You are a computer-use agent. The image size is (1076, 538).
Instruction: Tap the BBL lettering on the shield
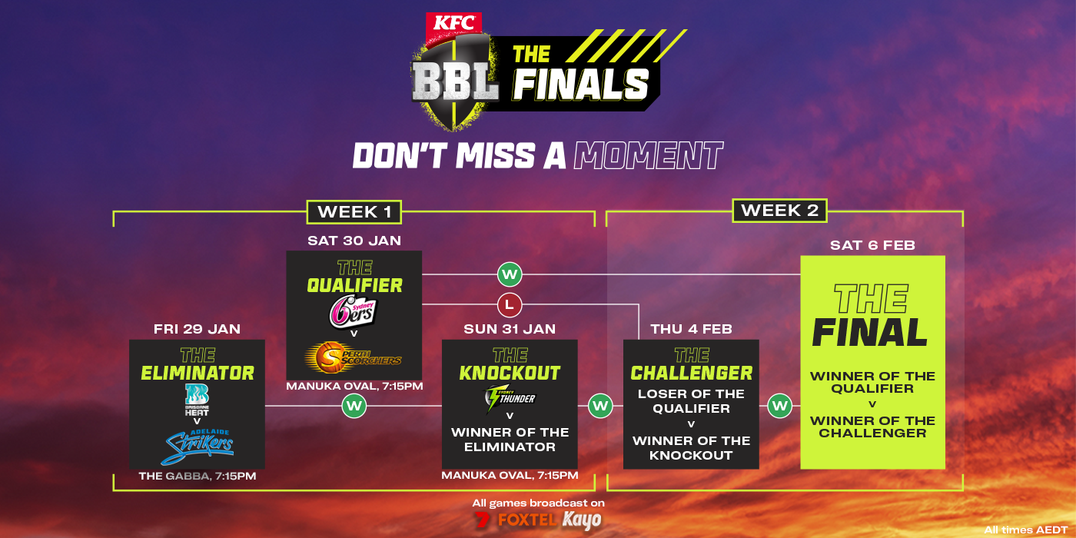(x=456, y=81)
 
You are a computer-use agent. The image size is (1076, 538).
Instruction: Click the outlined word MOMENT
(x=647, y=156)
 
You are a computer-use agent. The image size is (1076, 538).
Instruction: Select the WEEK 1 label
(x=354, y=211)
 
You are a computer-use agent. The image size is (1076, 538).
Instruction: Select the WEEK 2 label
(x=779, y=211)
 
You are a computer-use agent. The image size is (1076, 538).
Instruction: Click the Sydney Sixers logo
(x=354, y=311)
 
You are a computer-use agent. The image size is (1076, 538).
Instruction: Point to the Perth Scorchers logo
(x=354, y=356)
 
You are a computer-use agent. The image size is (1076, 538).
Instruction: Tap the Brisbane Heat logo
(x=197, y=399)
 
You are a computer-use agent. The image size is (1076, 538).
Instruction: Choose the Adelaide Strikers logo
(x=198, y=443)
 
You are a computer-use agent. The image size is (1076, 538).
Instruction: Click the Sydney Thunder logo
(x=509, y=398)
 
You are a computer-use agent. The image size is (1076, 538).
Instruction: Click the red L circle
(x=509, y=305)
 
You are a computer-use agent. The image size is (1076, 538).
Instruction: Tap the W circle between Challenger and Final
(x=779, y=405)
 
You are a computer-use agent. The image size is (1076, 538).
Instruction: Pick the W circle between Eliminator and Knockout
(x=354, y=405)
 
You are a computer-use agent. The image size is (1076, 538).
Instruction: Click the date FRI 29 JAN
(x=197, y=329)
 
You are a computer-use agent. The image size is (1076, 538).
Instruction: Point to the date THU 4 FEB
(x=691, y=329)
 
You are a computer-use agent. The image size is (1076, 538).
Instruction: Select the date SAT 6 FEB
(x=872, y=246)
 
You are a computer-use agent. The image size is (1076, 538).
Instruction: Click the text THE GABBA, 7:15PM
(x=197, y=477)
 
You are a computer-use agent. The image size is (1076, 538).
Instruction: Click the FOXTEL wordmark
(x=526, y=520)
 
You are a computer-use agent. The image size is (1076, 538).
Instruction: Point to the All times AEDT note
(x=1025, y=530)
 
